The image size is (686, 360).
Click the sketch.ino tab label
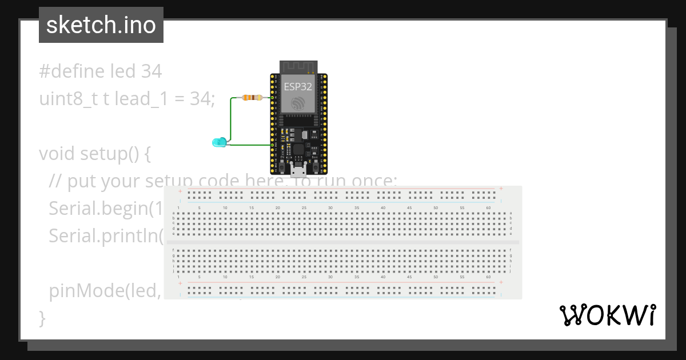click(101, 25)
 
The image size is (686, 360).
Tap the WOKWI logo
click(607, 315)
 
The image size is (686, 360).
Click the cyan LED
click(218, 142)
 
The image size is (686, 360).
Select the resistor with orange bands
click(252, 98)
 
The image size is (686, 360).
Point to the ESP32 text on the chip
click(298, 87)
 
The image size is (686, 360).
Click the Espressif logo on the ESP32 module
click(298, 103)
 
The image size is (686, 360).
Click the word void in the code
click(57, 154)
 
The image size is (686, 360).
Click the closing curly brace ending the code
click(42, 318)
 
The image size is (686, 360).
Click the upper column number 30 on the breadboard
click(330, 207)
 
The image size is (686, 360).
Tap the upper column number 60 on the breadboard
click(488, 207)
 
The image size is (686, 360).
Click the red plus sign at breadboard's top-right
click(501, 189)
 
